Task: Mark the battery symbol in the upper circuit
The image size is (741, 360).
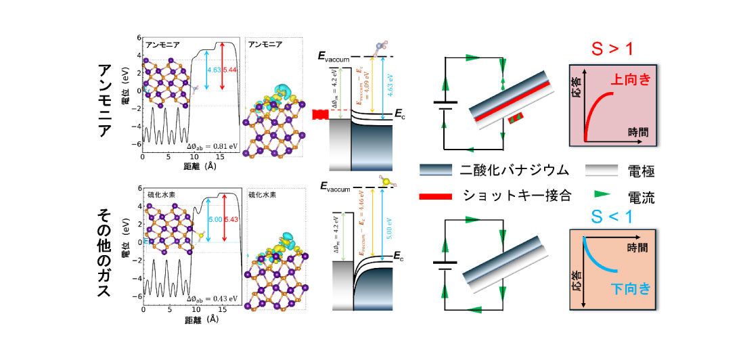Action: [445, 107]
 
